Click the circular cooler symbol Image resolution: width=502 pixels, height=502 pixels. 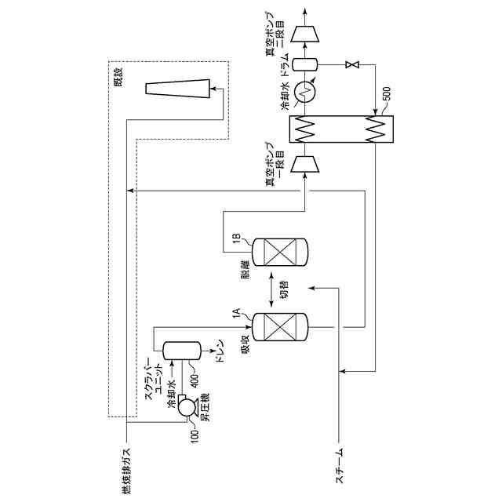[308, 92]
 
